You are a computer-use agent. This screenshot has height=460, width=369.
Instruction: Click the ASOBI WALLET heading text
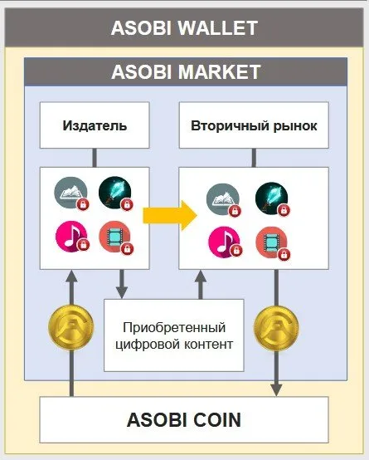click(x=184, y=28)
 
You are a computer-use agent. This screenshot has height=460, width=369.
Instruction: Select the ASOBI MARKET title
click(x=186, y=72)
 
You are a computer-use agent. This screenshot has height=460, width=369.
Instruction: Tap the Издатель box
click(x=95, y=125)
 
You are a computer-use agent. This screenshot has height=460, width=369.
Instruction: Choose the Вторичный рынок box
click(x=254, y=125)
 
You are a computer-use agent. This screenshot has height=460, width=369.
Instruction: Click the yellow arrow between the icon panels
click(x=170, y=216)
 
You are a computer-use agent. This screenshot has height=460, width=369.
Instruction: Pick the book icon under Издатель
click(x=71, y=193)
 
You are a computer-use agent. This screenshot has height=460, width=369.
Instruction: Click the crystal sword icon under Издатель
click(x=115, y=193)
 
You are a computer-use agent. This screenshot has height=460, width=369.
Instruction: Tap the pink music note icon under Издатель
click(x=71, y=236)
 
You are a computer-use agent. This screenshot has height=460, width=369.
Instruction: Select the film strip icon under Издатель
click(x=115, y=237)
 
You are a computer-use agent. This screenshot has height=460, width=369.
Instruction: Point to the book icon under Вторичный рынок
click(x=223, y=199)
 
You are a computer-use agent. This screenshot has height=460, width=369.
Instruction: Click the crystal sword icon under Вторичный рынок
click(x=272, y=199)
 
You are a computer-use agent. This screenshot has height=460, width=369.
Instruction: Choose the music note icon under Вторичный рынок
click(x=225, y=242)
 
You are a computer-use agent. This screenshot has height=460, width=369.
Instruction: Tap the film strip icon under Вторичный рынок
click(x=272, y=243)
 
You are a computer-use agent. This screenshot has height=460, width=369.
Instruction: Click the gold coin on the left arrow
click(x=71, y=327)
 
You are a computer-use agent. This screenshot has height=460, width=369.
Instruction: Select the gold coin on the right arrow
click(x=276, y=327)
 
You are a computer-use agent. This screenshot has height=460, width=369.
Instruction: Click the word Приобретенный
click(x=174, y=328)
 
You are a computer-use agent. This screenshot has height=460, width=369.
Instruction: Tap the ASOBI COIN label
click(x=184, y=419)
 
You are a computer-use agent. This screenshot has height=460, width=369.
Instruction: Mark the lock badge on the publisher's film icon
click(x=127, y=249)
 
